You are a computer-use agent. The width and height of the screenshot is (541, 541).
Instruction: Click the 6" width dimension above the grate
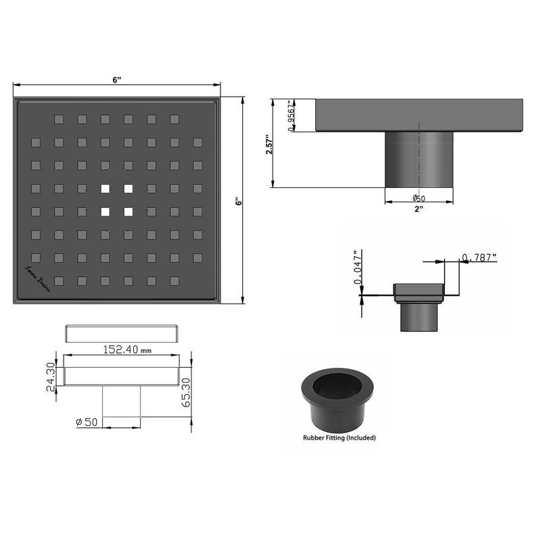pyautogui.click(x=117, y=80)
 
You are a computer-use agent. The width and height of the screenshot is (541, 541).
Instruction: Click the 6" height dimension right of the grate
pyautogui.click(x=238, y=202)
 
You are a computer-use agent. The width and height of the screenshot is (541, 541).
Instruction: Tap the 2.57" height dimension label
pyautogui.click(x=268, y=143)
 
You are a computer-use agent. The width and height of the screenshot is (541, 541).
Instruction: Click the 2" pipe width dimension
pyautogui.click(x=419, y=209)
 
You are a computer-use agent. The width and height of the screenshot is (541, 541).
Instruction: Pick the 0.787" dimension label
pyautogui.click(x=479, y=257)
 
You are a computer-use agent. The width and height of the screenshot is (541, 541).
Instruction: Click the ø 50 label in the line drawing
pyautogui.click(x=89, y=422)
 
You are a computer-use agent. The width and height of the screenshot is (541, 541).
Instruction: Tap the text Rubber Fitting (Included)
pyautogui.click(x=339, y=438)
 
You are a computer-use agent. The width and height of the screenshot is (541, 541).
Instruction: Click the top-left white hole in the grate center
pyautogui.click(x=105, y=189)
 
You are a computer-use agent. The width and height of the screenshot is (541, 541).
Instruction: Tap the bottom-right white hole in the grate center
pyautogui.click(x=128, y=212)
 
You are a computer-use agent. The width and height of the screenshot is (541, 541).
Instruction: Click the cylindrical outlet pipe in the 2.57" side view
pyautogui.click(x=419, y=160)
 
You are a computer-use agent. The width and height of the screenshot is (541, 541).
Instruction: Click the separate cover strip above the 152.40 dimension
pyautogui.click(x=122, y=333)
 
